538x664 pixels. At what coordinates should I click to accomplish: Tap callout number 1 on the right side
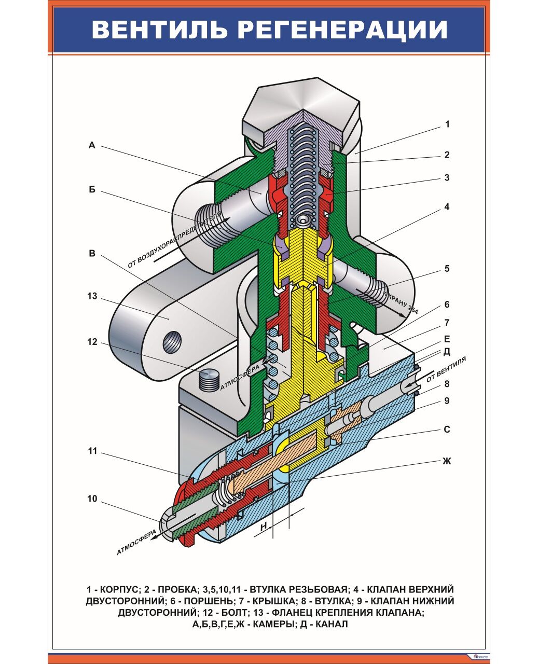(x=447, y=125)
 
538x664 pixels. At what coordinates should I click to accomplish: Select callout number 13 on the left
(x=92, y=296)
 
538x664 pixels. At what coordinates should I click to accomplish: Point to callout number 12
(x=92, y=342)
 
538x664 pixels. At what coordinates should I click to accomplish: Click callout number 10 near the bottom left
(x=92, y=499)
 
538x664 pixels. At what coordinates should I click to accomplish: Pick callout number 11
(x=92, y=451)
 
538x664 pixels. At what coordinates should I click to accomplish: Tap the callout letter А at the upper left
(x=92, y=146)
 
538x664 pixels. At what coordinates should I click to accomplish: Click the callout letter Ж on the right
(x=447, y=461)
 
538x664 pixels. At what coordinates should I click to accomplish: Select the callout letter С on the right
(x=447, y=430)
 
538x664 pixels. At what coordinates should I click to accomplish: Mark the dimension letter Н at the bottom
(x=264, y=526)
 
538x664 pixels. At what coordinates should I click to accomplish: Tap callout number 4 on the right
(x=447, y=207)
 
